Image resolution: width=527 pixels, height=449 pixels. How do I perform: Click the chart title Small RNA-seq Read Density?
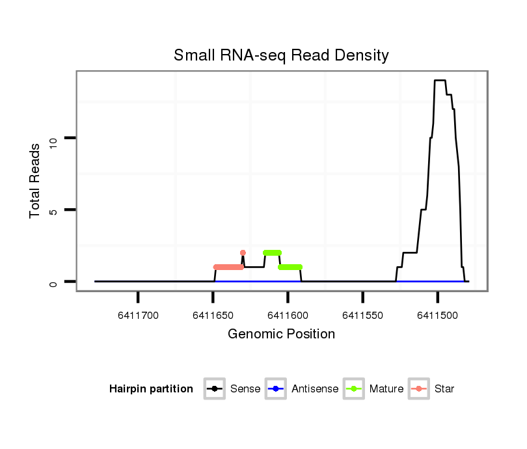point(281,55)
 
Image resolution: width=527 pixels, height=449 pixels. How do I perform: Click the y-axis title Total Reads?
point(35,180)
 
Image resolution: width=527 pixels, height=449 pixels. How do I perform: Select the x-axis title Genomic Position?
point(281,334)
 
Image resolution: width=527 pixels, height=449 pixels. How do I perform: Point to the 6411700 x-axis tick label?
point(139,316)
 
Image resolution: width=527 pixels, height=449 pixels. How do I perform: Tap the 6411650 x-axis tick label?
point(213,316)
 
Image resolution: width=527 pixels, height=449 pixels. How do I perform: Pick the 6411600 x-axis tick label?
point(288,316)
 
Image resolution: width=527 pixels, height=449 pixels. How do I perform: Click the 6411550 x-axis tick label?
point(362,316)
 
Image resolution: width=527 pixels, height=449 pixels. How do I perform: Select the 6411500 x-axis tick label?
point(437,316)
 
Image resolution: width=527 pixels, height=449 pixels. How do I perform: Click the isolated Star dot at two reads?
point(243,252)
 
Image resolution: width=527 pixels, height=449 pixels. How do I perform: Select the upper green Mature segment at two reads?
point(272,252)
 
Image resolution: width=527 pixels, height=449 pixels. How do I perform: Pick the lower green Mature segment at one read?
point(290,267)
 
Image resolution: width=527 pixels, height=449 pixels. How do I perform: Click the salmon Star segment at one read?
point(228,267)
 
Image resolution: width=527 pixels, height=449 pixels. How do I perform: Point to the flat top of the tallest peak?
point(440,81)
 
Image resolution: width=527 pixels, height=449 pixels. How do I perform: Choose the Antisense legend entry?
point(302,389)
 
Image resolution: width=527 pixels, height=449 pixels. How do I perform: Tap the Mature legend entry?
point(373,389)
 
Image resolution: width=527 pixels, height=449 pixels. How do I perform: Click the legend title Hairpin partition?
point(151,389)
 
